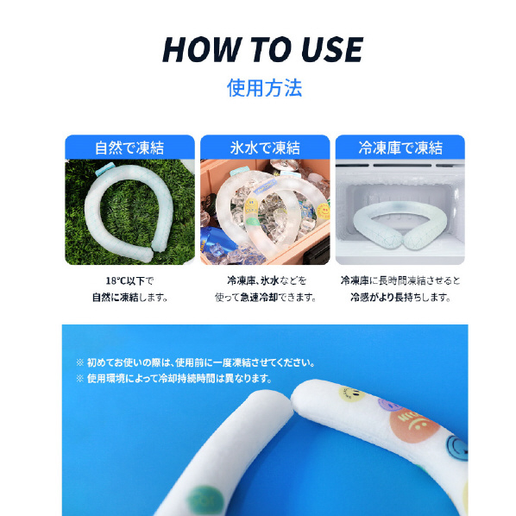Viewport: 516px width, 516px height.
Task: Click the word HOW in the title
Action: click(201, 49)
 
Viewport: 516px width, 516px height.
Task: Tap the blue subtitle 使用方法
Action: click(264, 88)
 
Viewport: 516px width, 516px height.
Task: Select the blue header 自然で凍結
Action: click(129, 148)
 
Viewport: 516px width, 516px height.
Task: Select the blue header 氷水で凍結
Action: click(265, 148)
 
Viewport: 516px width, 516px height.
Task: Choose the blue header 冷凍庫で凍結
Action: click(400, 148)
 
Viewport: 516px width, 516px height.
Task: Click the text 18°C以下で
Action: click(129, 280)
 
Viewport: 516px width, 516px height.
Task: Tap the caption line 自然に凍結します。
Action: click(129, 297)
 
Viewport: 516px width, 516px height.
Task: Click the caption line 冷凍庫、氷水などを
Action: click(267, 280)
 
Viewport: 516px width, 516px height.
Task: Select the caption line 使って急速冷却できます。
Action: click(265, 297)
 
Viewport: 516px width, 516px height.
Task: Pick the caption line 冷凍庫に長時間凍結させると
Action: click(400, 280)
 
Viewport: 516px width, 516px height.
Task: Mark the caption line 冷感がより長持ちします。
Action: click(400, 297)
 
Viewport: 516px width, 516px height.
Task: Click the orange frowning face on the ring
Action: click(414, 425)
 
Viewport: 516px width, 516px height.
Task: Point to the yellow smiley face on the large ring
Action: click(351, 393)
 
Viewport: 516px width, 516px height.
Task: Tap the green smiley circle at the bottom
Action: click(205, 500)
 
